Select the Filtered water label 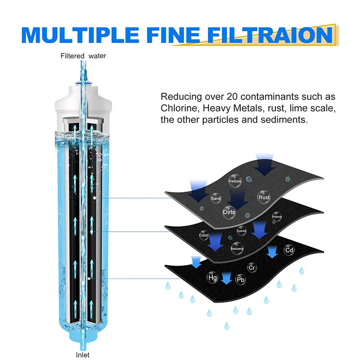[84, 56]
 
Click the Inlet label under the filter [83, 355]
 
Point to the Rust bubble [264, 197]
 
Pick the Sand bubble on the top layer [216, 198]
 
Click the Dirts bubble [229, 211]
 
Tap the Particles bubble [235, 181]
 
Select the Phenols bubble [277, 217]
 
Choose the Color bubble [203, 235]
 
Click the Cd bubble [289, 250]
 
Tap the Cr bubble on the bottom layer [252, 268]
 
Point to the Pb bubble [241, 280]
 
